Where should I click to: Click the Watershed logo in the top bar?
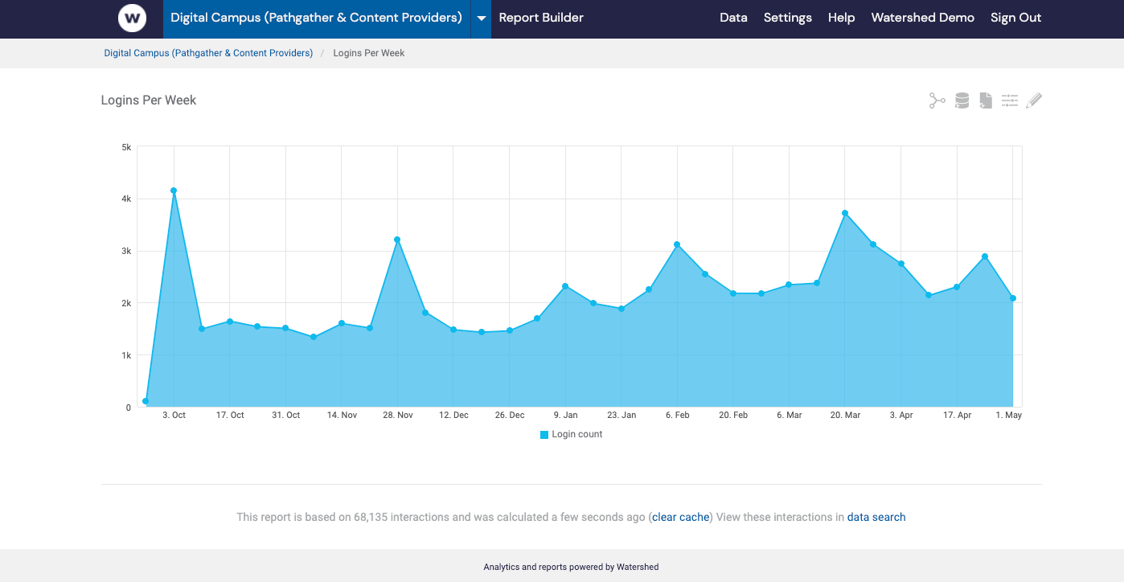[132, 18]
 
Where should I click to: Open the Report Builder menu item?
[541, 18]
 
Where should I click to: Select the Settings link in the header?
[787, 18]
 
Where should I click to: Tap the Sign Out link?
[1015, 18]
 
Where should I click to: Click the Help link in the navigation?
[841, 18]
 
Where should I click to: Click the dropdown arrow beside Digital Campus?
[481, 18]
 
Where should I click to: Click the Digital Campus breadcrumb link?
[208, 53]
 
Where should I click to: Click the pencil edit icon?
[1034, 100]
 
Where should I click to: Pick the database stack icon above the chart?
[962, 100]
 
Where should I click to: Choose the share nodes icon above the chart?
[937, 100]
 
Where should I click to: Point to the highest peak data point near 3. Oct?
[174, 191]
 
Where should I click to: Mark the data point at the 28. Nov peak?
[397, 240]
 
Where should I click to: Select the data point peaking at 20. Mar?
[845, 213]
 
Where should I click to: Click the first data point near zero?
[146, 401]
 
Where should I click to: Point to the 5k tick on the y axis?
[126, 147]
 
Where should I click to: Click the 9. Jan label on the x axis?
[565, 416]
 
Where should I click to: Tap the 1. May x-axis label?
[1008, 416]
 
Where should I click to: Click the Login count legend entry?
[572, 434]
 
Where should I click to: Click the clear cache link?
[680, 517]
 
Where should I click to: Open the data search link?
[876, 517]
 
